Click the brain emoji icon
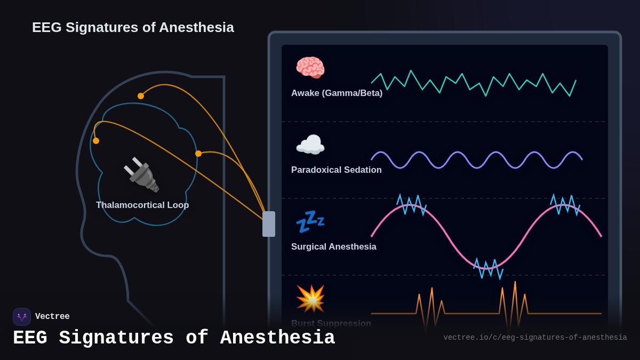click(x=310, y=67)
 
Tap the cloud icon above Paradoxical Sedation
click(x=310, y=145)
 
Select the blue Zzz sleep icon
click(x=310, y=221)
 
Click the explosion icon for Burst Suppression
click(x=310, y=298)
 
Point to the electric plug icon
click(x=141, y=174)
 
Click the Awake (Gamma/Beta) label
click(x=337, y=93)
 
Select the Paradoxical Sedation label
click(x=336, y=170)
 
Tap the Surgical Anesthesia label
click(x=333, y=247)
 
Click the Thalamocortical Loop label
click(x=142, y=205)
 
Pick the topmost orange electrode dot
click(x=141, y=96)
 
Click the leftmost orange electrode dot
click(x=96, y=141)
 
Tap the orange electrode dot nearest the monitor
click(x=198, y=154)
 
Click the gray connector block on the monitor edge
click(x=269, y=224)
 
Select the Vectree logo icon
click(x=22, y=317)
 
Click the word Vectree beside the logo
click(x=52, y=317)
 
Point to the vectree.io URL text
click(x=535, y=338)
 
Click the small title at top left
click(x=133, y=27)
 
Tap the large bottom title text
click(x=174, y=338)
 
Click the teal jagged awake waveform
click(x=474, y=83)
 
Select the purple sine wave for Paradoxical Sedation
click(x=476, y=159)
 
